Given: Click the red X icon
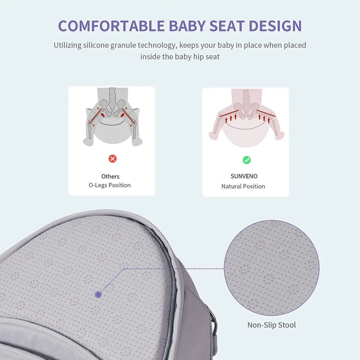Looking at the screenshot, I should point(112,159).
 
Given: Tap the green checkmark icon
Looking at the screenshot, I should point(246,160).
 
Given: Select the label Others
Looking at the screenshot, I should point(110,177).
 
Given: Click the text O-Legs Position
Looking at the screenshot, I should point(109,185).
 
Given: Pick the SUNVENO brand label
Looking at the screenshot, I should point(244,177).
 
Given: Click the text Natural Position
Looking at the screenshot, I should point(243,186).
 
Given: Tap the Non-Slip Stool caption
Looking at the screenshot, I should point(271,325).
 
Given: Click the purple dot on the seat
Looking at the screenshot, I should point(98,294).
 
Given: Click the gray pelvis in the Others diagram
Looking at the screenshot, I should point(112,109).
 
